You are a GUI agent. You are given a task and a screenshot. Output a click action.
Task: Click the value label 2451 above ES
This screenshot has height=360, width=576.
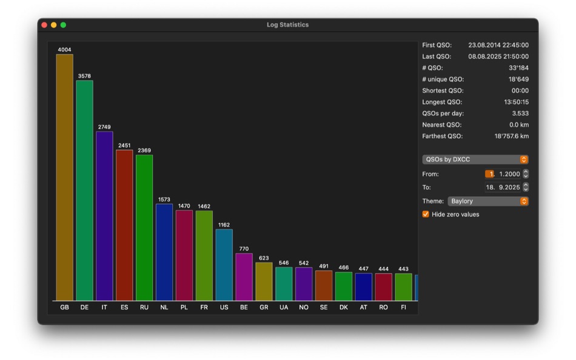124,145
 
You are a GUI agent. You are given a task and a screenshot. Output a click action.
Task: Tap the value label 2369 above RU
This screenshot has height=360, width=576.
144,150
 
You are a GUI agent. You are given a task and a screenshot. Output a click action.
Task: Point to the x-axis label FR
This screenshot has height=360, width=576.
204,307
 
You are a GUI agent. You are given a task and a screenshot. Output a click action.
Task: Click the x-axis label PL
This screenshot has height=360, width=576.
184,307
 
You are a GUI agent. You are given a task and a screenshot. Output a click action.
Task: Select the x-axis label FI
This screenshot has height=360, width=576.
403,307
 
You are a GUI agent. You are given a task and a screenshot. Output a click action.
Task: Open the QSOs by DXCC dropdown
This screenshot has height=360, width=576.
475,159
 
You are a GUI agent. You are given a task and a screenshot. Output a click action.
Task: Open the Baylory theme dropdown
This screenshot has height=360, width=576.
488,201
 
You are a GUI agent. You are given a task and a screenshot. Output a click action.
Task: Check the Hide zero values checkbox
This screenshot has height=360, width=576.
426,215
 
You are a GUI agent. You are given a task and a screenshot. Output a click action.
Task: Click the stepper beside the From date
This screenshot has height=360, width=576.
526,174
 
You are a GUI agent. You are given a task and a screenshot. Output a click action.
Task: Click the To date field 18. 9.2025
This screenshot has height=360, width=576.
502,187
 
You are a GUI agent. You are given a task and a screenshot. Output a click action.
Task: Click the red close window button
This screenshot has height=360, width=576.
44,25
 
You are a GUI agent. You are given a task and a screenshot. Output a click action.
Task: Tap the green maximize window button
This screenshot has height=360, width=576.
63,25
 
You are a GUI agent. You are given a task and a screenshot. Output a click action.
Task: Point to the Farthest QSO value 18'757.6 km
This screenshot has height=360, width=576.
511,136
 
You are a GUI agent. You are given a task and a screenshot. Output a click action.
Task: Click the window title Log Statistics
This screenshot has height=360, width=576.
287,25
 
